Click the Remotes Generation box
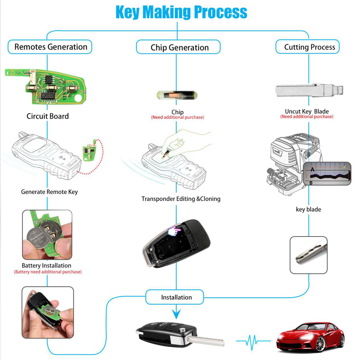click(x=50, y=47)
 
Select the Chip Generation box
click(x=178, y=47)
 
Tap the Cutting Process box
click(x=308, y=47)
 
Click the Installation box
click(x=175, y=297)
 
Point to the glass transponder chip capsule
click(x=177, y=95)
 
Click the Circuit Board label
click(x=48, y=116)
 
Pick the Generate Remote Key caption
click(x=49, y=192)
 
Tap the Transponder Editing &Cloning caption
click(x=181, y=199)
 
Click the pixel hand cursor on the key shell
click(x=174, y=231)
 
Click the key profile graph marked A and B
click(x=327, y=174)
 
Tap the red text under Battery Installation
click(x=48, y=272)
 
